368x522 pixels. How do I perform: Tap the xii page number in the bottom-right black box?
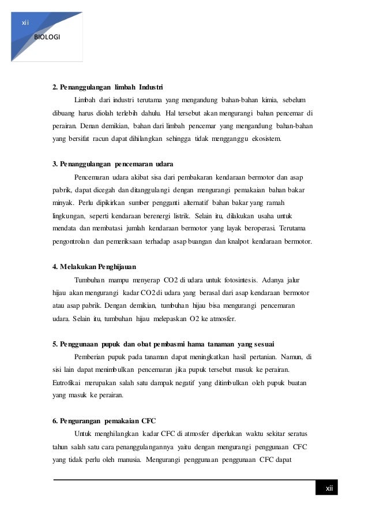[329, 489]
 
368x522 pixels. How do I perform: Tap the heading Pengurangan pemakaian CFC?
[104, 419]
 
